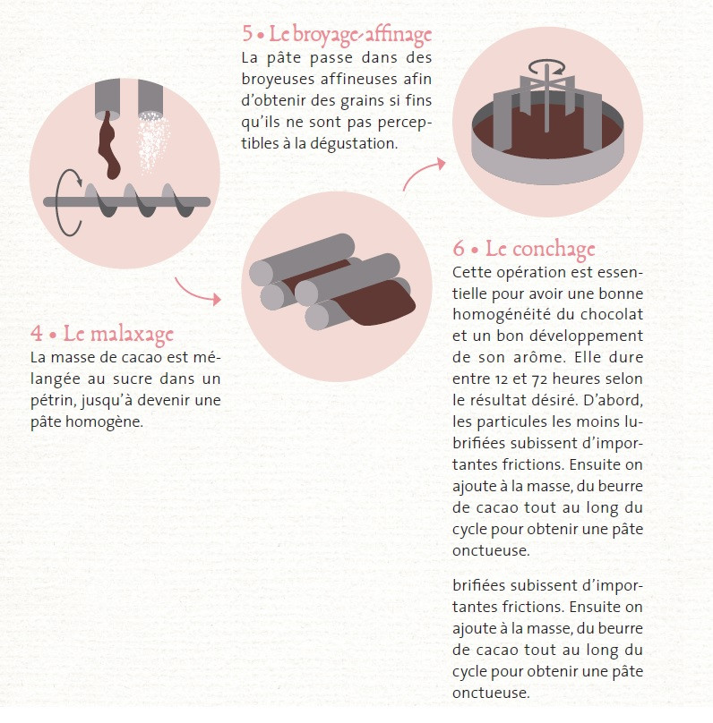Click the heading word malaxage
(x=132, y=335)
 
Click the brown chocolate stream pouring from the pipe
(x=109, y=145)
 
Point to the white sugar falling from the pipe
(x=153, y=141)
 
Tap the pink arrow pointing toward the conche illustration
(x=422, y=173)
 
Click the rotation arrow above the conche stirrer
(x=547, y=67)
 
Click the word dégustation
(x=354, y=144)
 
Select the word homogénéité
(x=502, y=314)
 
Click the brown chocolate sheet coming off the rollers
(x=376, y=302)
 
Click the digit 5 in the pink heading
(x=248, y=34)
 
